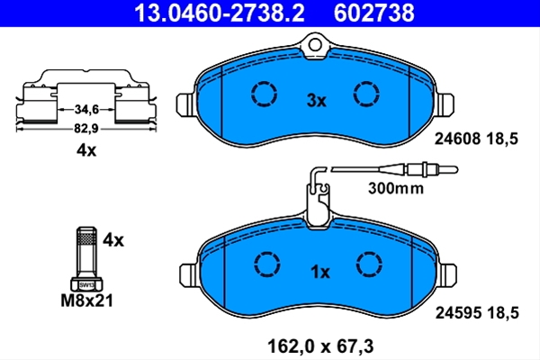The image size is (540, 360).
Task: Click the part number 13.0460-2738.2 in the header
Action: (220, 13)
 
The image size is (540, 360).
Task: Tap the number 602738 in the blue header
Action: (374, 13)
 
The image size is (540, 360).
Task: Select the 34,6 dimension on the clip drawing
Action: (86, 110)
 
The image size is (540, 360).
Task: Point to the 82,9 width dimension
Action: (86, 129)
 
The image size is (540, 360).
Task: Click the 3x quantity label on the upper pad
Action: (316, 101)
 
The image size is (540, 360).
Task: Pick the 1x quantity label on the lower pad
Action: (320, 272)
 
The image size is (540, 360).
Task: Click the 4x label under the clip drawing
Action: (86, 150)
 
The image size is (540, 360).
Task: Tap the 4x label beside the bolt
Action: (113, 240)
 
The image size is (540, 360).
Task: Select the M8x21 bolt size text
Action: (86, 301)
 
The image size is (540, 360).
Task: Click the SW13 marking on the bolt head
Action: (86, 285)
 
